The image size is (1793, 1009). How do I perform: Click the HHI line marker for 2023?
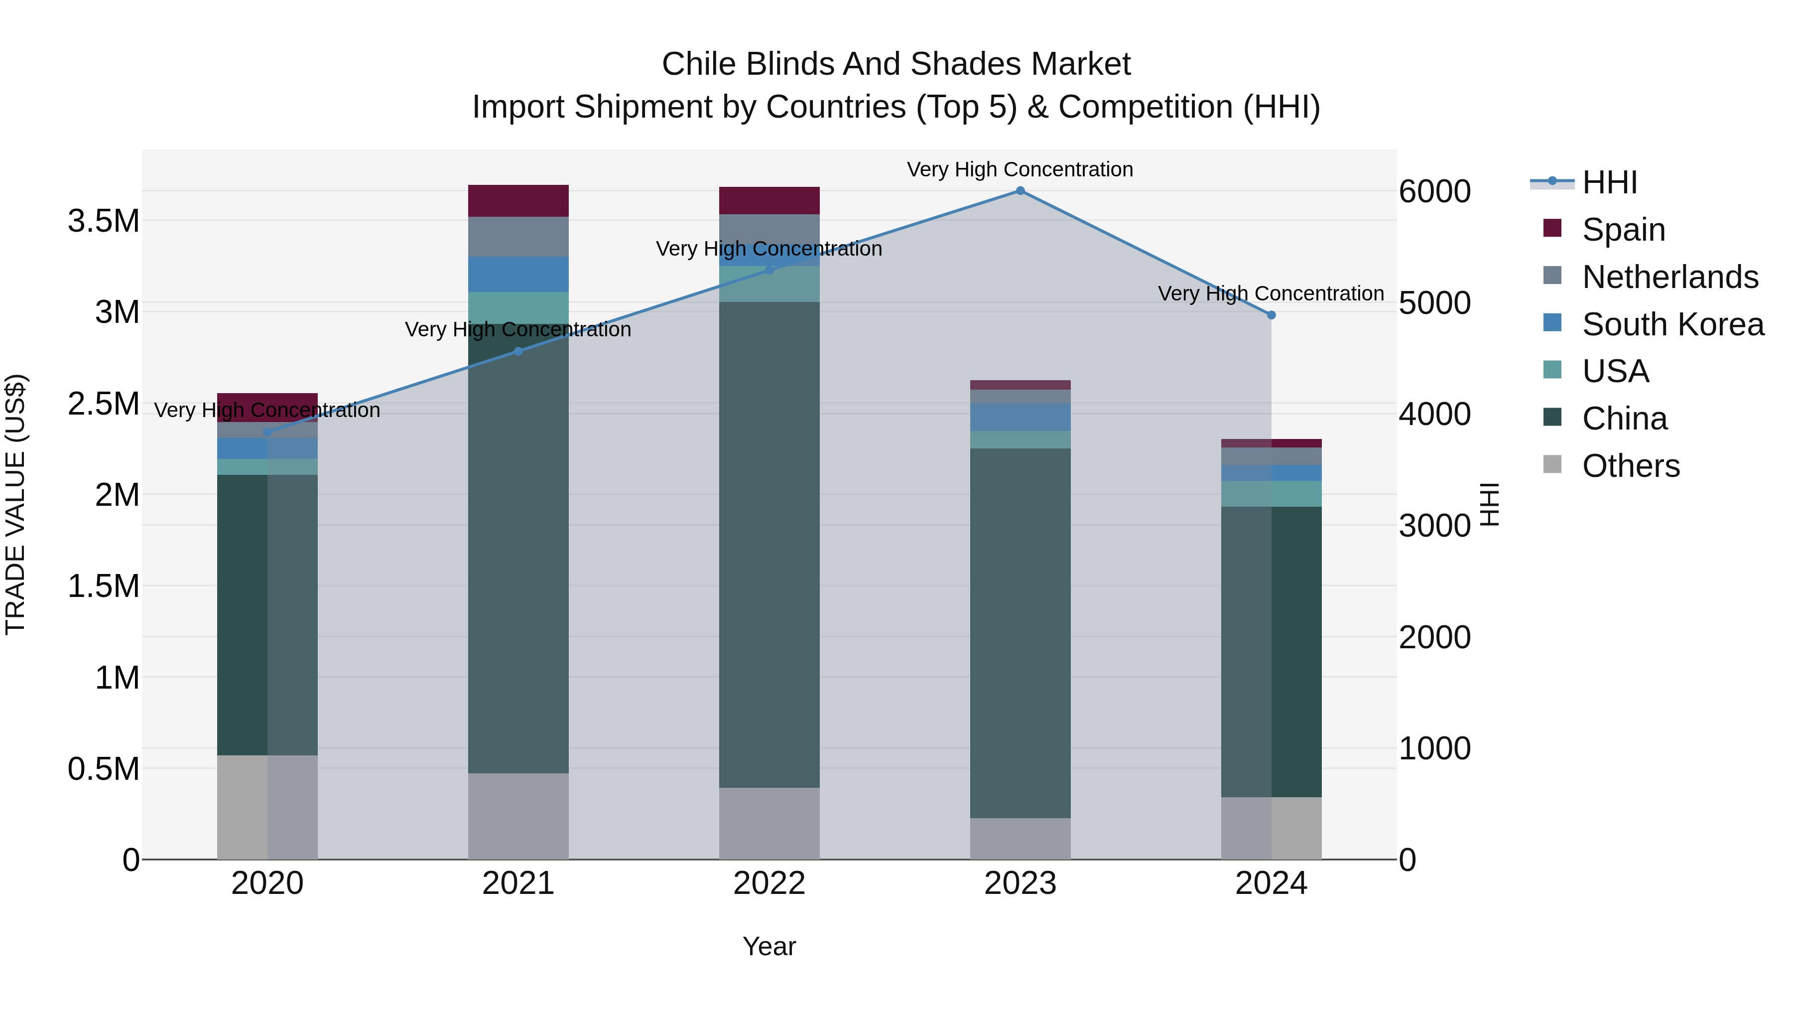click(x=1020, y=191)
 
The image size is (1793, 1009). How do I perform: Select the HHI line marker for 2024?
click(x=1271, y=315)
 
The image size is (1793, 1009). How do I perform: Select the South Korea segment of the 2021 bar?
click(x=518, y=275)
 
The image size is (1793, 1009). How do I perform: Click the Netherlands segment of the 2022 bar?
click(x=768, y=228)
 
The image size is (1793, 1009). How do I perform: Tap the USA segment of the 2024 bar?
click(x=1271, y=494)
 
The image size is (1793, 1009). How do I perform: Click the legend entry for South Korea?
click(x=1672, y=324)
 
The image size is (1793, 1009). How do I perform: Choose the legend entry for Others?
click(x=1630, y=466)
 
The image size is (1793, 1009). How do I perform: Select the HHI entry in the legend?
click(x=1609, y=182)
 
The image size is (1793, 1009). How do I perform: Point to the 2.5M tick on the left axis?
click(x=103, y=404)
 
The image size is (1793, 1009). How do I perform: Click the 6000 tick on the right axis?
click(x=1434, y=191)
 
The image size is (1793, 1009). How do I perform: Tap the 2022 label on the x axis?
click(x=768, y=883)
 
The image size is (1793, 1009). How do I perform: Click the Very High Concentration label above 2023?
click(x=1020, y=169)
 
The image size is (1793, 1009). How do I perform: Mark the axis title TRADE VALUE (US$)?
click(x=15, y=504)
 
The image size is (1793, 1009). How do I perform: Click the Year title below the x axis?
click(x=768, y=946)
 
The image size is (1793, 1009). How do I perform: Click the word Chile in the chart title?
click(x=699, y=64)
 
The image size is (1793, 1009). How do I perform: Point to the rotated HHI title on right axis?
click(x=1489, y=504)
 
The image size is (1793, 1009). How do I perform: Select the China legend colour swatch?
click(x=1552, y=418)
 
